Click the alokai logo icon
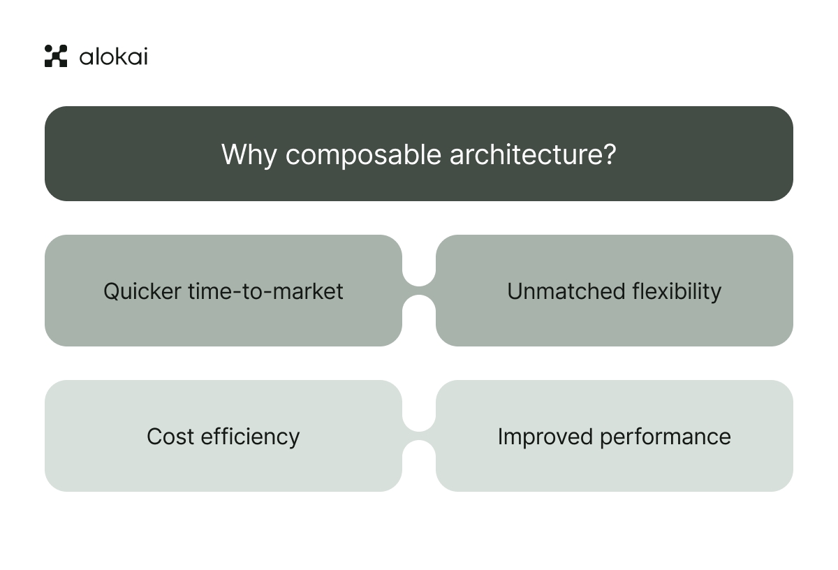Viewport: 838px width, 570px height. click(x=56, y=56)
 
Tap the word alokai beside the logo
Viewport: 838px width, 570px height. click(x=113, y=56)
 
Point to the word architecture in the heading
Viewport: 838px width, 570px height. click(x=524, y=154)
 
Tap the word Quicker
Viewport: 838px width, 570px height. click(x=142, y=291)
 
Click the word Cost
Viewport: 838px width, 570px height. click(x=170, y=437)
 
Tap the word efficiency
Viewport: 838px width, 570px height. click(x=251, y=437)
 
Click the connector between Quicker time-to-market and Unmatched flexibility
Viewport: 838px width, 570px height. click(x=419, y=291)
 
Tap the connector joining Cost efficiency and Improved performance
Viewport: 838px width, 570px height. click(x=419, y=436)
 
